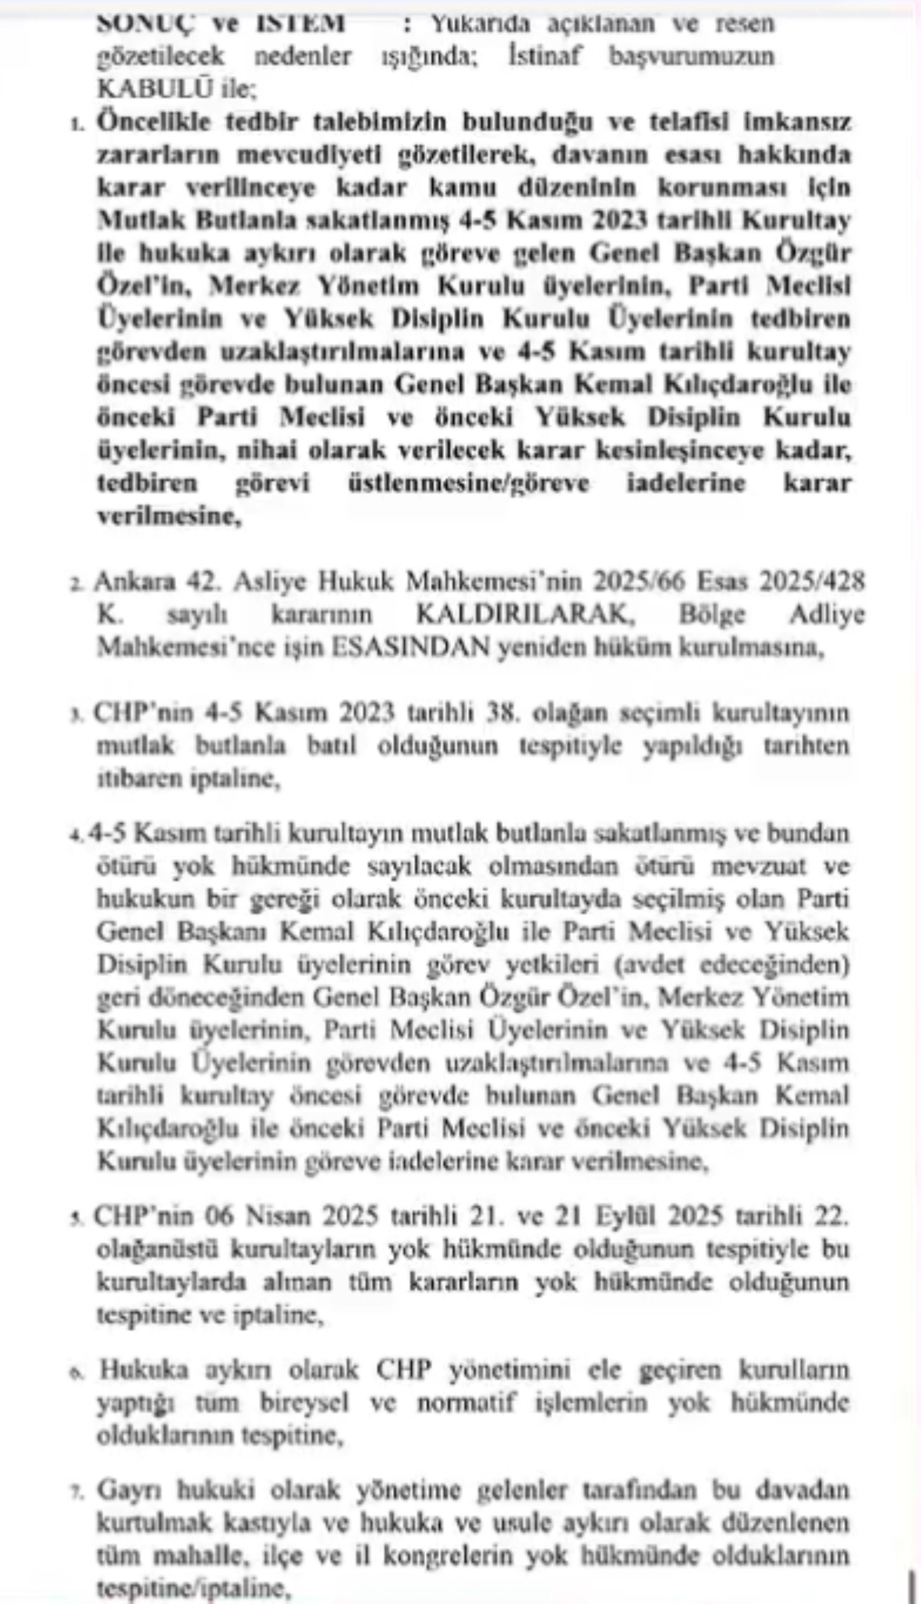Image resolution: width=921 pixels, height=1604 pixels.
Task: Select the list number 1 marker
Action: pos(77,124)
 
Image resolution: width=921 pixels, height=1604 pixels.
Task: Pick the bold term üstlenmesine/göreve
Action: pos(469,484)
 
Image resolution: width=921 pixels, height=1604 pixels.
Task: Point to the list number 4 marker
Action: pos(76,835)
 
